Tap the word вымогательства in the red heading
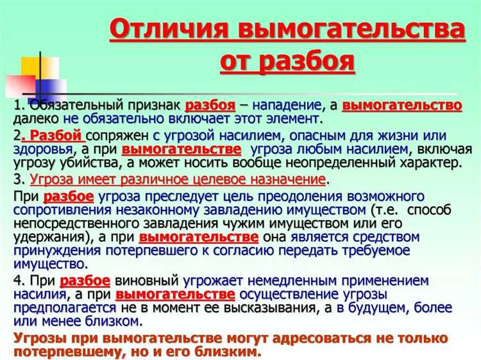pyautogui.click(x=346, y=31)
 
